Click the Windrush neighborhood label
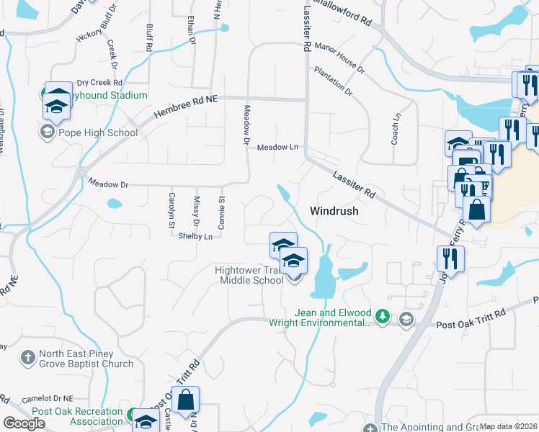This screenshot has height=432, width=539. (x=334, y=212)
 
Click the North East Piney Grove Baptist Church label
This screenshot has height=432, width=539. (x=86, y=359)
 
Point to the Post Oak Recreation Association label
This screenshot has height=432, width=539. (x=78, y=415)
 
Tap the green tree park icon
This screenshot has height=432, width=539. (x=384, y=317)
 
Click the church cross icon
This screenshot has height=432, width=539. (x=27, y=358)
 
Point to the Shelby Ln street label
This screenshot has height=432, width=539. (x=195, y=236)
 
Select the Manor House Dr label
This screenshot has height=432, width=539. (x=339, y=61)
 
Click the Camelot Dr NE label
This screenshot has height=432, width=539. (x=48, y=397)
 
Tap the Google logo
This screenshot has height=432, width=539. (x=24, y=423)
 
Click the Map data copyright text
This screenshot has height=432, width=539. (x=508, y=427)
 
